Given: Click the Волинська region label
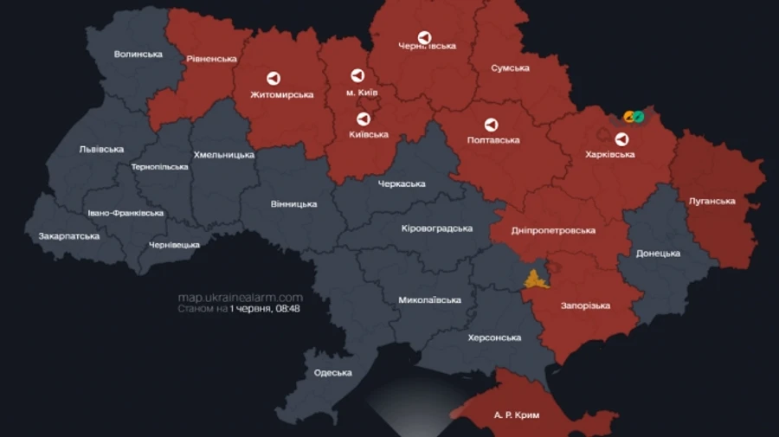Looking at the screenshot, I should tap(138, 55).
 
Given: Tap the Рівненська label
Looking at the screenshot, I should tap(211, 59).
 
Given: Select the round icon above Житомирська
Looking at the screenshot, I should tap(273, 78).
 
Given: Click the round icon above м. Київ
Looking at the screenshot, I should tap(357, 75).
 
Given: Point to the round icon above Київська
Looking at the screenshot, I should tap(364, 119).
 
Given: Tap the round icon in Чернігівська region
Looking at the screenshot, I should tap(424, 37).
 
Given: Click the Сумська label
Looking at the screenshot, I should tap(510, 68).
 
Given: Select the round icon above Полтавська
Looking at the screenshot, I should tap(491, 125).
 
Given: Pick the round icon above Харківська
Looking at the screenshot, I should tap(621, 138).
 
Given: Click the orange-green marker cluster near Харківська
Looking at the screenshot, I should tap(634, 116).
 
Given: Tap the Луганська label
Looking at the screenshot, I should tap(711, 201).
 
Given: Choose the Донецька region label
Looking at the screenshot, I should tap(658, 254).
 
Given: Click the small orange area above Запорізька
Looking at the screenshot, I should tap(536, 279).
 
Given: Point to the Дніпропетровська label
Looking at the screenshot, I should tap(553, 231).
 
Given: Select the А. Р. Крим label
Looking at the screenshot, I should tap(517, 415).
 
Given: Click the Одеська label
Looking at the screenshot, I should tap(333, 373).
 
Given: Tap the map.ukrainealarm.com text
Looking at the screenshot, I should tap(241, 297).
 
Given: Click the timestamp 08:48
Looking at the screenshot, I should tap(288, 308).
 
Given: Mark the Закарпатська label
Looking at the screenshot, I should tap(68, 236).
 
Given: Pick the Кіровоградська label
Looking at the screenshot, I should tap(437, 228).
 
